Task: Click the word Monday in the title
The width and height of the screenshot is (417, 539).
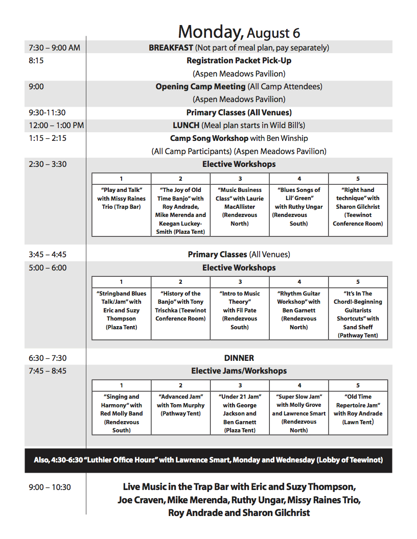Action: pos(210,32)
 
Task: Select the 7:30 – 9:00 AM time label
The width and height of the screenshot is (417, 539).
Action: pos(54,47)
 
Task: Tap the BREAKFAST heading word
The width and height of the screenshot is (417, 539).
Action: pos(171,47)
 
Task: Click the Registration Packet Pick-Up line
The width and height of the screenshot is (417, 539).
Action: pos(239,61)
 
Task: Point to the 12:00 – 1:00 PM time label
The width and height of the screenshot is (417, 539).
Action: pos(56,125)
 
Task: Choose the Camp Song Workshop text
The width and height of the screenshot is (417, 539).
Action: pos(209,138)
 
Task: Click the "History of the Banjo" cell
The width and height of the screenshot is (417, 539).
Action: pos(180,306)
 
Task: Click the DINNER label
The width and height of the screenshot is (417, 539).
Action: pos(239,358)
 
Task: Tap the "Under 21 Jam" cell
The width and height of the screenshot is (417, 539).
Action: pos(240,413)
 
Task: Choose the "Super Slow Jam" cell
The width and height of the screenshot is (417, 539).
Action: pos(299,413)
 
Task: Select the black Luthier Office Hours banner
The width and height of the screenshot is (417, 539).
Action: pos(208,460)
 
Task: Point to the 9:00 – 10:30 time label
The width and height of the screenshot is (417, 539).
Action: pos(50,487)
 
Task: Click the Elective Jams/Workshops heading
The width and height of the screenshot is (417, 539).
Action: pos(239,371)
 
